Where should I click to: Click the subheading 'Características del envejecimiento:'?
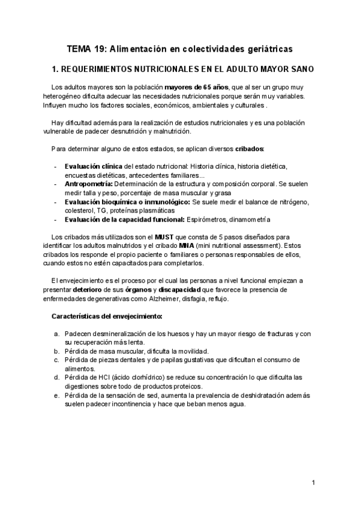coord(107,316)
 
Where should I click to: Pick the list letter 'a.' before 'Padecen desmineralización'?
coord(55,334)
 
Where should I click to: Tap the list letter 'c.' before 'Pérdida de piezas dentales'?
coord(55,360)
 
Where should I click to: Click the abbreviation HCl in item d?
coord(105,378)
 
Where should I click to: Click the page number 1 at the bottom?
coord(313,483)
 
